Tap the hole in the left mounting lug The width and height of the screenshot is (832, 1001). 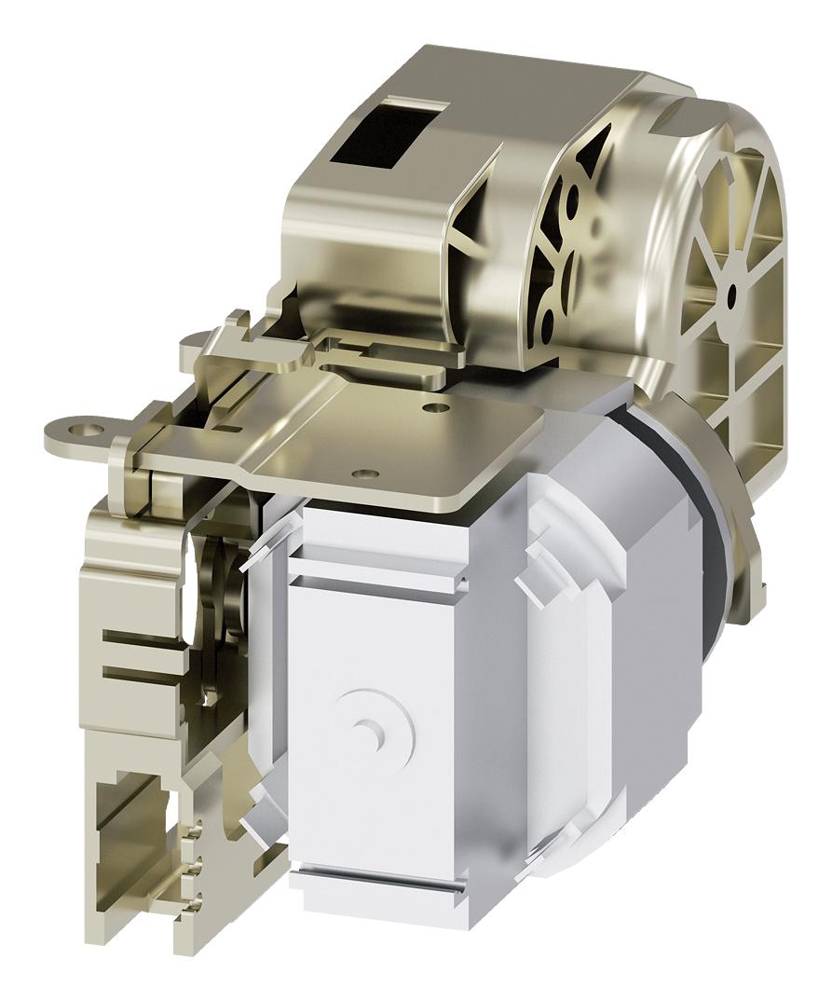90,430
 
